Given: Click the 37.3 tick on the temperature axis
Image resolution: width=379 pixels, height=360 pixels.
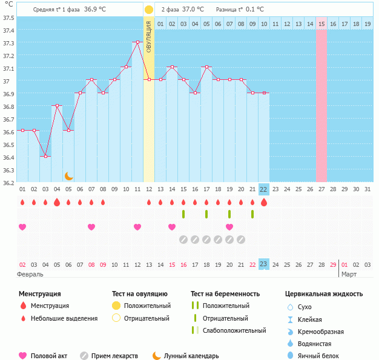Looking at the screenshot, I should [x=8, y=43].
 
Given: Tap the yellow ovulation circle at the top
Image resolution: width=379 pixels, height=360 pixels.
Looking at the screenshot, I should [x=149, y=10].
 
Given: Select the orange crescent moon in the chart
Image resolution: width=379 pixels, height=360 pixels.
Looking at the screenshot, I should [x=69, y=176].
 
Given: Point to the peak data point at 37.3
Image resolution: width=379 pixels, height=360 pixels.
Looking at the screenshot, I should [x=137, y=42].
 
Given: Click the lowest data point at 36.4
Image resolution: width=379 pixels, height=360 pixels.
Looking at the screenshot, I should [x=45, y=156].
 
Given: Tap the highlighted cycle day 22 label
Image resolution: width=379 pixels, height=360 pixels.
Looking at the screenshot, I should [x=263, y=189].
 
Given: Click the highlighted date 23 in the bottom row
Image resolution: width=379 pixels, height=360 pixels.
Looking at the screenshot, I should [x=263, y=264].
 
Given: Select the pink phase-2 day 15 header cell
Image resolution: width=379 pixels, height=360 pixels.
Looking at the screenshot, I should [x=321, y=24].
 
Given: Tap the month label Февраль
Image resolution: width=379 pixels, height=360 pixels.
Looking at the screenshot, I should [x=30, y=274].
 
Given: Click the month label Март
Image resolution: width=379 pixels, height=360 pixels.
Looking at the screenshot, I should [x=349, y=274].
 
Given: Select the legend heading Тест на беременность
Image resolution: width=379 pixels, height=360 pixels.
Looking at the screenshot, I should [x=225, y=294].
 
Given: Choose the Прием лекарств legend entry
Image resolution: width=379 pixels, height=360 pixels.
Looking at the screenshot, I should [x=114, y=356].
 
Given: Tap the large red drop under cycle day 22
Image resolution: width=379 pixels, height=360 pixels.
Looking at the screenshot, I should [x=263, y=203].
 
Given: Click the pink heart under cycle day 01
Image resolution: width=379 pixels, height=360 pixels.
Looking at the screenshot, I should [x=22, y=227].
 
